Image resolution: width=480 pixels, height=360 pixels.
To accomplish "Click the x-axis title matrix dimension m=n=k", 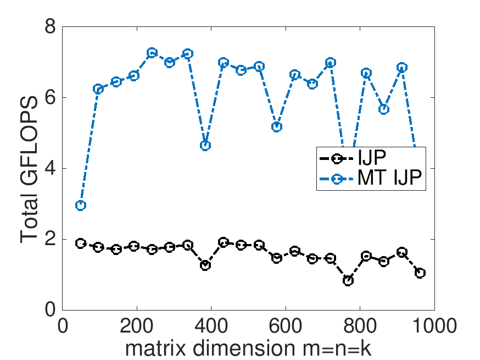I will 248,348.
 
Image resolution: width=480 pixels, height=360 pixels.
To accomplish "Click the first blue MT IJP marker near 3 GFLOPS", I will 81,205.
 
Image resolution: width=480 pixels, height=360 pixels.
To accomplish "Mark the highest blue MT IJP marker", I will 152,53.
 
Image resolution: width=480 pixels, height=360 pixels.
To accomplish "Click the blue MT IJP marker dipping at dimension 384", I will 205,146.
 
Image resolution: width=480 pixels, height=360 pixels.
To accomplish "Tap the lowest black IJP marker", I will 348,280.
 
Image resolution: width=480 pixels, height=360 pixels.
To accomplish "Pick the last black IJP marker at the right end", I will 420,273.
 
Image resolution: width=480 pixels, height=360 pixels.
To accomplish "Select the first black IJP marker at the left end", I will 81,243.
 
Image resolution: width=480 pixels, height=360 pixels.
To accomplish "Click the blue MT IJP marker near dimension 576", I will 277,127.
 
